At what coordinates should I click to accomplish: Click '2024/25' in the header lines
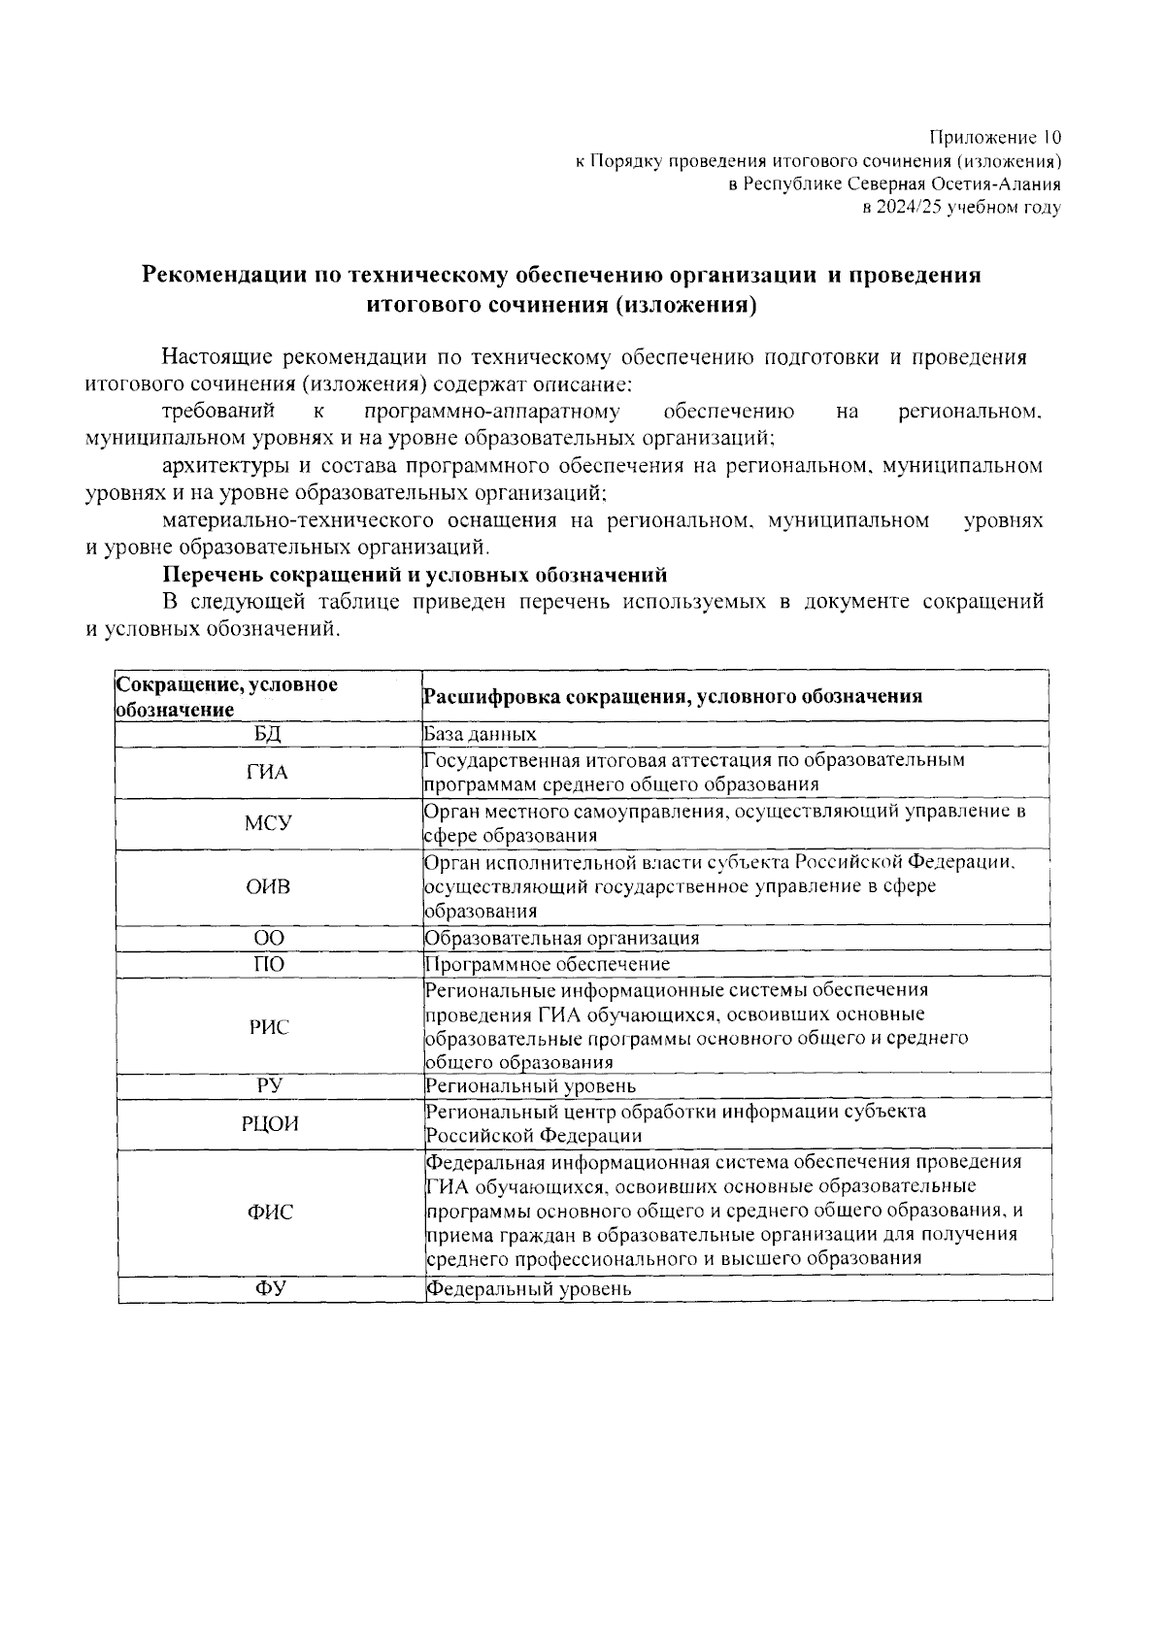(910, 207)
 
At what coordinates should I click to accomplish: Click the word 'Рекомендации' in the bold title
(223, 276)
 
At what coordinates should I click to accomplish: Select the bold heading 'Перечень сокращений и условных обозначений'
(416, 575)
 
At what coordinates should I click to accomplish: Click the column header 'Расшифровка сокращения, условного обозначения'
(672, 697)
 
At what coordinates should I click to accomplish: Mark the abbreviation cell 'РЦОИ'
(269, 1124)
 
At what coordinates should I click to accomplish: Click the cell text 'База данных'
(481, 735)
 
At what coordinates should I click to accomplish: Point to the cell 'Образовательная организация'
(562, 939)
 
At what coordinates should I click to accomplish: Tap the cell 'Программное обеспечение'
(548, 964)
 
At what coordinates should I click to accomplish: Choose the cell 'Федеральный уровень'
(529, 1289)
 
